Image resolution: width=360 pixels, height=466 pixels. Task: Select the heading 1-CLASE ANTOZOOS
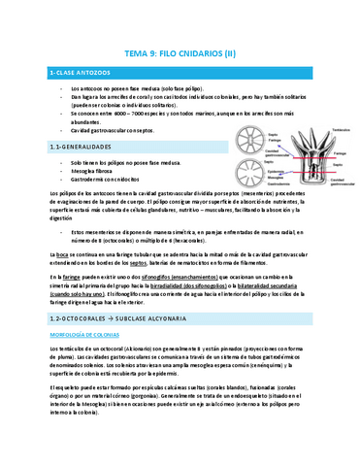click(x=78, y=73)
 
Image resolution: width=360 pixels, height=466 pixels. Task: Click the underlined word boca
click(x=65, y=253)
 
